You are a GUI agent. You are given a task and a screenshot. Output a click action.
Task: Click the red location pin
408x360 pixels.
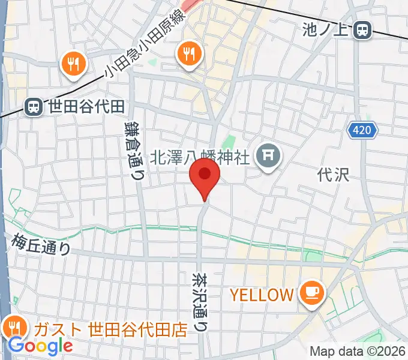coord(204,175)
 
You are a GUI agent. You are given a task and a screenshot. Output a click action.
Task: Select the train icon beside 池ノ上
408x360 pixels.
coord(362,29)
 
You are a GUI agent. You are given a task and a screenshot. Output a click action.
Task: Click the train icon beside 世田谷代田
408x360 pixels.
coord(33,107)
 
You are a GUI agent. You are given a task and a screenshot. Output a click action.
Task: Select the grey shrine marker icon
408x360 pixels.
coord(268,157)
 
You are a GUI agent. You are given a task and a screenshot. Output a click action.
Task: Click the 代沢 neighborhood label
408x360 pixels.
coord(333,175)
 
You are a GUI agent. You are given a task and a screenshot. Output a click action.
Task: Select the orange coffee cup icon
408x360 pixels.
coord(313,292)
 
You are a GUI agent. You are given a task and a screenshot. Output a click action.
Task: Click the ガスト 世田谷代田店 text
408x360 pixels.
coord(110,329)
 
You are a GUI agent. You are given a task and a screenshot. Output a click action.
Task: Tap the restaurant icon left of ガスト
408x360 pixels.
coord(13,328)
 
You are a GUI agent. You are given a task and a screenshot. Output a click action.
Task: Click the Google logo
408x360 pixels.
coord(40,346)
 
